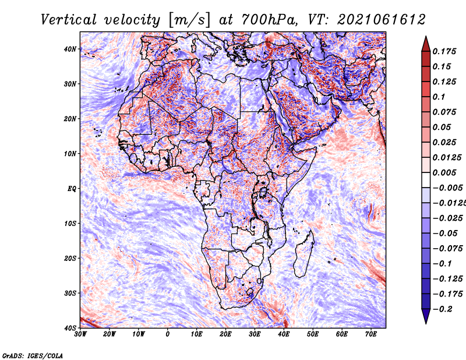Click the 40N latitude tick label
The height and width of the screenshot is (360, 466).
70,49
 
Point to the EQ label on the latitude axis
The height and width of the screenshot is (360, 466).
72,189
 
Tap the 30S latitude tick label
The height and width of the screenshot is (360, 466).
70,293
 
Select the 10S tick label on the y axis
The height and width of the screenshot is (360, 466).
70,223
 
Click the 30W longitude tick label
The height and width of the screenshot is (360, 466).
80,334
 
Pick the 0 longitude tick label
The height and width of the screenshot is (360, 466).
168,334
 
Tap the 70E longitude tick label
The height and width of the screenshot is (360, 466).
371,334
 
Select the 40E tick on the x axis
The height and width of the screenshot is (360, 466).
284,334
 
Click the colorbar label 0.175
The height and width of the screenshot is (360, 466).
444,51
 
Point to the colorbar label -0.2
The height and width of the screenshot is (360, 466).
442,309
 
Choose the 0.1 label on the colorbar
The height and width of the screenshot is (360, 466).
439,97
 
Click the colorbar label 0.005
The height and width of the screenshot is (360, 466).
444,172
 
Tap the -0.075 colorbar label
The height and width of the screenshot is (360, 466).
448,249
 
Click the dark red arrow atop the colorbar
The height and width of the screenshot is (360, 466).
426,44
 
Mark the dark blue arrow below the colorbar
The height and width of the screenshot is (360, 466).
426,316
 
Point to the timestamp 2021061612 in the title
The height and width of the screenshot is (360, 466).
382,20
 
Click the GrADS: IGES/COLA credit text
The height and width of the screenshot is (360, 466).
33,355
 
